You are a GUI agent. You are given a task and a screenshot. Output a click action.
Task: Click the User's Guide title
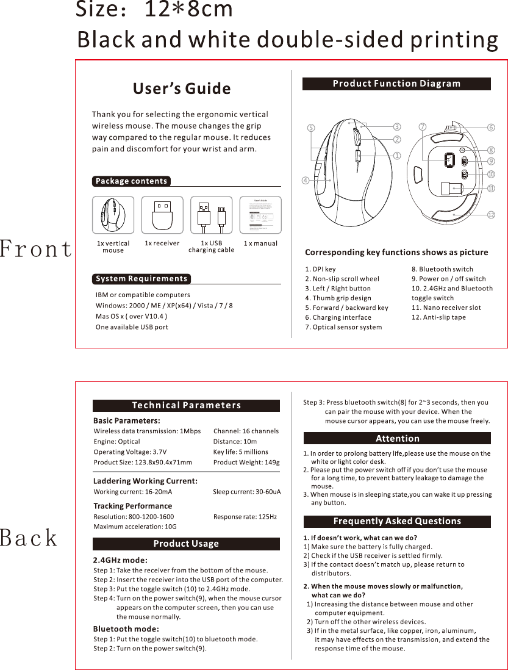pyautogui.click(x=182, y=89)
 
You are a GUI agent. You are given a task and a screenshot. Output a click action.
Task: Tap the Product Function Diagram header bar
pyautogui.click(x=396, y=84)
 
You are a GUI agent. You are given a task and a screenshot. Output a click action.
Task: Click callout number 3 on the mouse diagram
pyautogui.click(x=397, y=127)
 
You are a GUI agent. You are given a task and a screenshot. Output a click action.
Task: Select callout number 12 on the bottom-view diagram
pyautogui.click(x=491, y=215)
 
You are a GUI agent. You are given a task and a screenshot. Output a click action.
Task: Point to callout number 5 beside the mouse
pyautogui.click(x=310, y=128)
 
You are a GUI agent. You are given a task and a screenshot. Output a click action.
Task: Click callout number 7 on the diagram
pyautogui.click(x=423, y=127)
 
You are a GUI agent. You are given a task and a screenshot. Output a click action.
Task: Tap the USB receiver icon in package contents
pyautogui.click(x=162, y=215)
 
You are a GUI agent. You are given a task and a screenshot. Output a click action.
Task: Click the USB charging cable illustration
pyautogui.click(x=212, y=215)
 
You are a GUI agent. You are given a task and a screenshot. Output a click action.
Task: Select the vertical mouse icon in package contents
pyautogui.click(x=113, y=215)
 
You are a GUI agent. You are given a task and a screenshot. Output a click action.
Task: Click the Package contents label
pyautogui.click(x=132, y=181)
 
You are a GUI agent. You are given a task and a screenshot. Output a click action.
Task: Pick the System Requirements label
pyautogui.click(x=141, y=279)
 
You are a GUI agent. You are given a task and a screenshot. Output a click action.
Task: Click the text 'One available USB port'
pyautogui.click(x=132, y=327)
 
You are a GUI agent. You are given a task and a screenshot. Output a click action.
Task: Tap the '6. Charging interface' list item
pyautogui.click(x=338, y=317)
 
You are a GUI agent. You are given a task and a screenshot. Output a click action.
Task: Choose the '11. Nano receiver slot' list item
pyautogui.click(x=446, y=308)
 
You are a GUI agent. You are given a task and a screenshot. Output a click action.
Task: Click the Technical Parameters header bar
pyautogui.click(x=186, y=405)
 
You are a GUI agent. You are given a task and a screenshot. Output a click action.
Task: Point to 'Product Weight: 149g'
pyautogui.click(x=246, y=462)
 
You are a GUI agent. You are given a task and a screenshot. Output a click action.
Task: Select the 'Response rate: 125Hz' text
pyautogui.click(x=245, y=517)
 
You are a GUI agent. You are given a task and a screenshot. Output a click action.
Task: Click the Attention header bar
pyautogui.click(x=397, y=438)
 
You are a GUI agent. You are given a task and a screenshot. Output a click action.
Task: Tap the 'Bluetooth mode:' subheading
pyautogui.click(x=126, y=629)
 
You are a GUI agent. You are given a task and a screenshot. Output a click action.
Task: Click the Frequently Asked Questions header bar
pyautogui.click(x=397, y=521)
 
